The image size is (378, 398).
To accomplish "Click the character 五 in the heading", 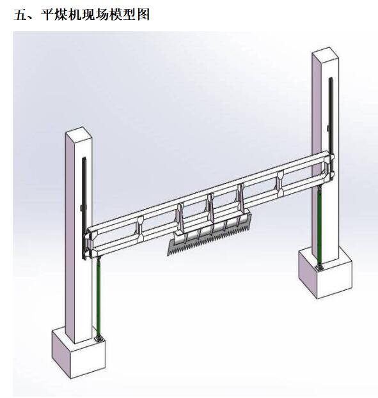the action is (x=20, y=15).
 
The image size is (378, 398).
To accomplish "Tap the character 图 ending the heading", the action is (x=143, y=15).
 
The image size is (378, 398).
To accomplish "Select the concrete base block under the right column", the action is (x=325, y=273).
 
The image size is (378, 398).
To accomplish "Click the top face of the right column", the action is (x=325, y=53).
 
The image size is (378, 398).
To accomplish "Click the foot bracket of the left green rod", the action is (x=99, y=339).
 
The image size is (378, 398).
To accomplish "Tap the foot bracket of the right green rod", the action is (x=319, y=267).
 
